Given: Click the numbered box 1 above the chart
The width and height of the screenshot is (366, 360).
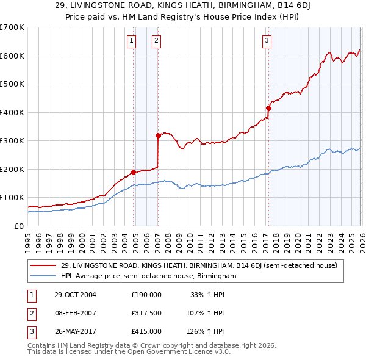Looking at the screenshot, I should [x=132, y=41].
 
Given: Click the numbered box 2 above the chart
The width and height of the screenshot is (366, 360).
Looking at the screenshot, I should [x=156, y=41].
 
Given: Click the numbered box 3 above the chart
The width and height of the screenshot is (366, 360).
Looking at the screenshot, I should [x=267, y=41].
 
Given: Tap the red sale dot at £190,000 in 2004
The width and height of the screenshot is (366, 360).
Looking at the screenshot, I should [x=133, y=171].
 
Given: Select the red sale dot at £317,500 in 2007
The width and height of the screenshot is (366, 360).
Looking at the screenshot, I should [x=158, y=135].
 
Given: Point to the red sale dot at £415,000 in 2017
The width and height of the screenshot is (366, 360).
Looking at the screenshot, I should [x=268, y=108].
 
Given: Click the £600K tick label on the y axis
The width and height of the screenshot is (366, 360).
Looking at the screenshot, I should [x=12, y=56].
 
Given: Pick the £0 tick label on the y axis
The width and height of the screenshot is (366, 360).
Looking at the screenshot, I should [x=18, y=226].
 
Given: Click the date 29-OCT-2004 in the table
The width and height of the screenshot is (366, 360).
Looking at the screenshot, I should [x=74, y=294].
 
